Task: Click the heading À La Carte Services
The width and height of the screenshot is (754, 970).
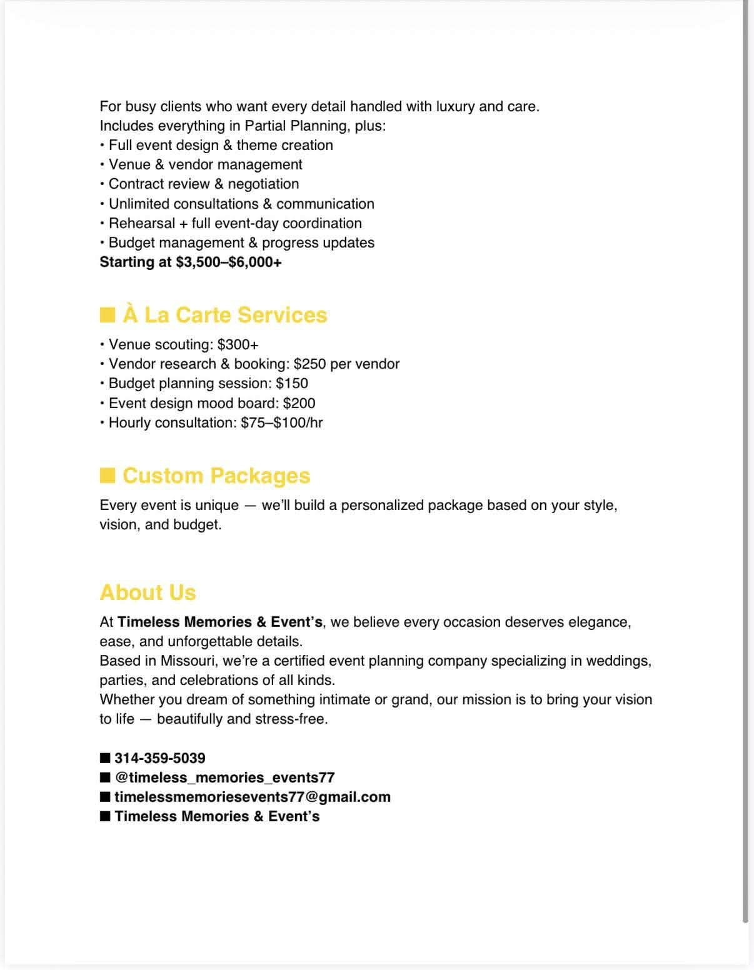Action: [224, 315]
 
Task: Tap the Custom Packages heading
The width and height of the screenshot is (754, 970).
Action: [216, 476]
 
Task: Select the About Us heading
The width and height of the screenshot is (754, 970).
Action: [148, 592]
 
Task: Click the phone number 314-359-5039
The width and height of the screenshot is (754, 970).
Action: [160, 758]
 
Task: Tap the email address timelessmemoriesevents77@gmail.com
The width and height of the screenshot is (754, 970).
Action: [253, 797]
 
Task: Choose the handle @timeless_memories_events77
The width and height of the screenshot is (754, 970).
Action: [225, 777]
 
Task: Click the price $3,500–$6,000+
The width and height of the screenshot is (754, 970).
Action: [229, 262]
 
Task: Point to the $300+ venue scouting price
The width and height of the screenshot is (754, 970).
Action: [238, 344]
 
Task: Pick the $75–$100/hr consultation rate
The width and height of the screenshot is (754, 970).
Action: [281, 422]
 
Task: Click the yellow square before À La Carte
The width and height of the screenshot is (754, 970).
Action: [108, 314]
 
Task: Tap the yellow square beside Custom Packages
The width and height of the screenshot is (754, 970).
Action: [108, 476]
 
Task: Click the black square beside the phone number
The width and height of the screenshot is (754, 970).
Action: [105, 758]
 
